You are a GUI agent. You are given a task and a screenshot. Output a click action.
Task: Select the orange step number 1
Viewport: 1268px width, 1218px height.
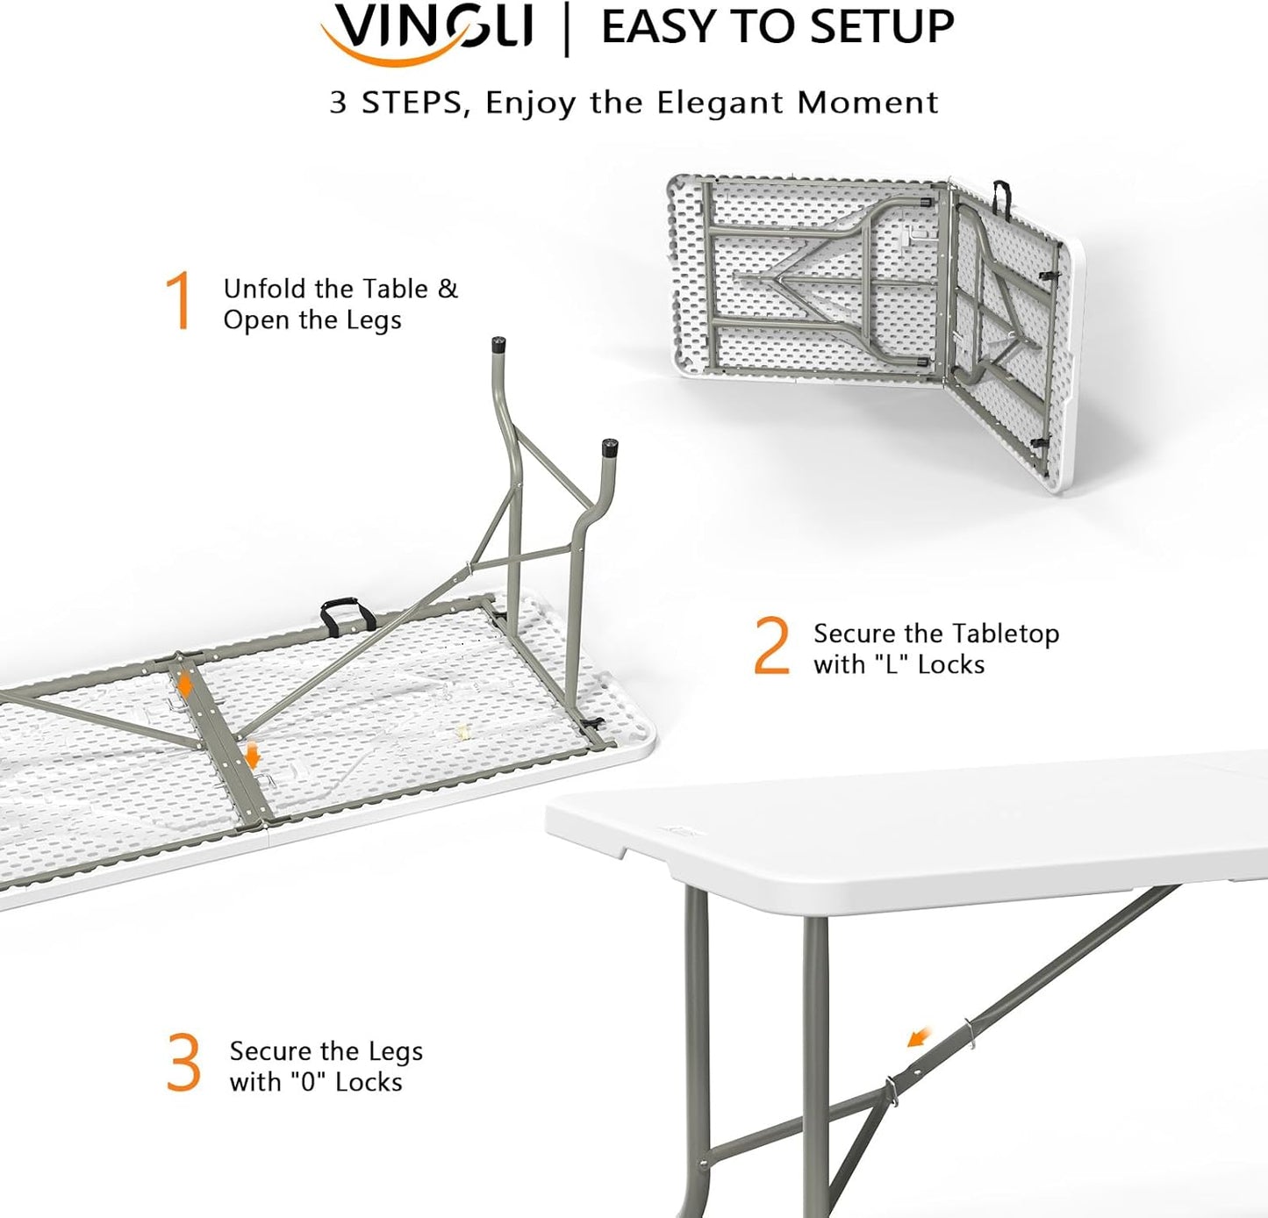tap(180, 301)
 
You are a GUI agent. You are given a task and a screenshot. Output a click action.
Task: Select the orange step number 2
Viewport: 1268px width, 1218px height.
tap(771, 647)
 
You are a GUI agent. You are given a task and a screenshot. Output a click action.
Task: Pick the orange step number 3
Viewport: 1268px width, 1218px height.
tap(183, 1063)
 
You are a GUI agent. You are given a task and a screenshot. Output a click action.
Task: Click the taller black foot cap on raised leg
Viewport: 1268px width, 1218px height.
tap(499, 345)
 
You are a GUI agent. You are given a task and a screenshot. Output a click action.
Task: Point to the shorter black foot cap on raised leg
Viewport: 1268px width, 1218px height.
tap(609, 448)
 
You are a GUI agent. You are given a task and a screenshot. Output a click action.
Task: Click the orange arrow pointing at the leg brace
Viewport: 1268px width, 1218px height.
tap(918, 1037)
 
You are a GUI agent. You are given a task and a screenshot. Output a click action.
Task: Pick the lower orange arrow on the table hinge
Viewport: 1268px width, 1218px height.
tap(252, 755)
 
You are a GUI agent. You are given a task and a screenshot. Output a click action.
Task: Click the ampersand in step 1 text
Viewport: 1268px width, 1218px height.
tap(448, 289)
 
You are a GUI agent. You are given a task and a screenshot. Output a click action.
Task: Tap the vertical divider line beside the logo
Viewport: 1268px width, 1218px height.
tap(566, 28)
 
